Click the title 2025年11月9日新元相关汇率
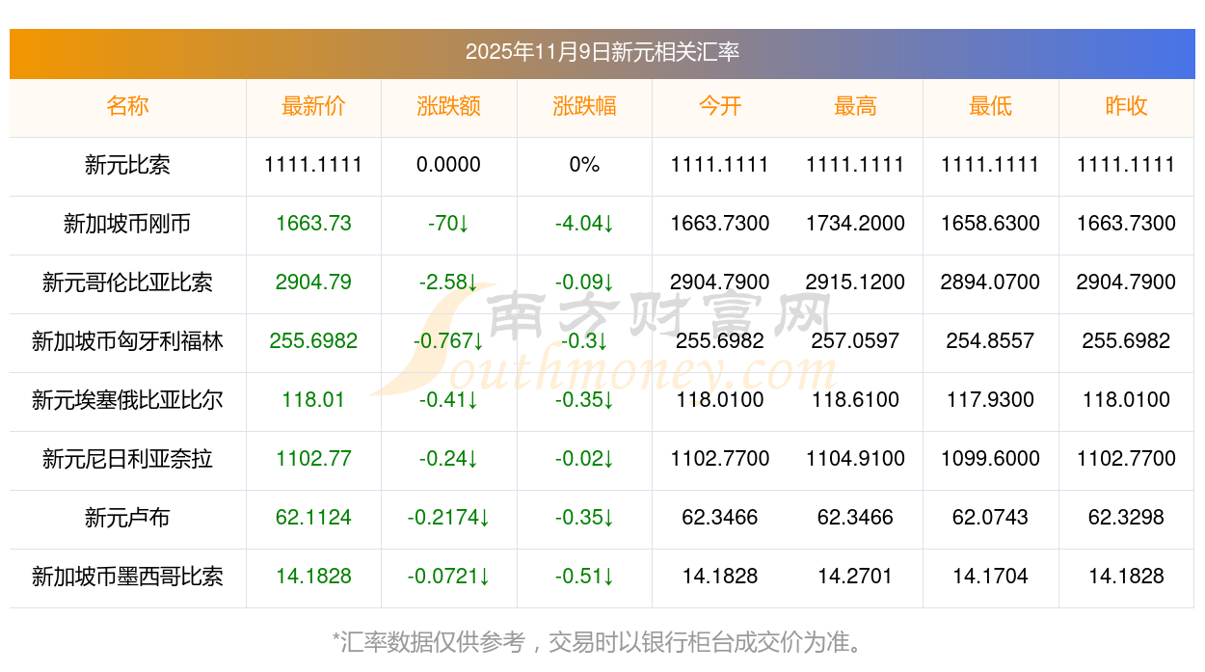602,52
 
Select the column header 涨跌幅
584,106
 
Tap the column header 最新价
313,106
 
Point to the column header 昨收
1126,106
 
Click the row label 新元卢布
127,518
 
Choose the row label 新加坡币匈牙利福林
127,341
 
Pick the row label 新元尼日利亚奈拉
127,459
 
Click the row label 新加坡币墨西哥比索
127,577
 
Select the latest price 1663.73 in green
313,224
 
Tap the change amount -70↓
448,224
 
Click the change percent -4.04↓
584,224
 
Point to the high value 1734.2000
855,224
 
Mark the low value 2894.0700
990,282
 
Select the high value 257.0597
855,341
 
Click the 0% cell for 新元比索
584,165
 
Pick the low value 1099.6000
990,459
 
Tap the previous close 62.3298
1126,518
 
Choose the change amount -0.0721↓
448,577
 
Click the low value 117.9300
990,400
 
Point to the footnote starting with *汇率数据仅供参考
602,642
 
